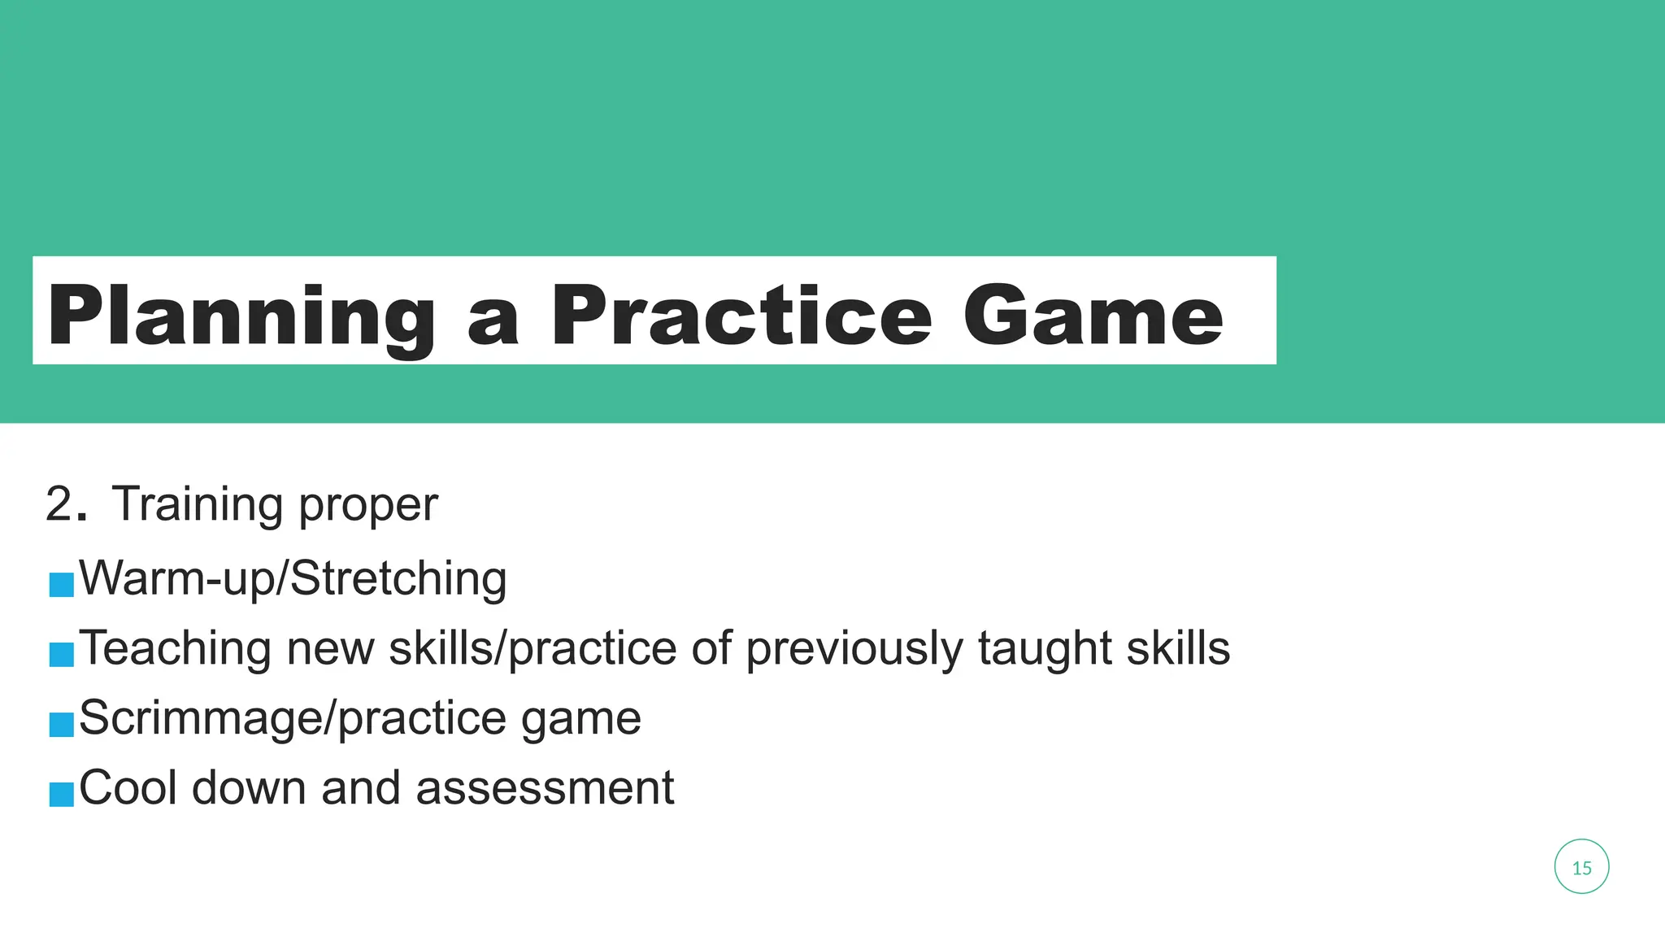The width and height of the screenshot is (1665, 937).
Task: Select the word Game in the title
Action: point(1093,316)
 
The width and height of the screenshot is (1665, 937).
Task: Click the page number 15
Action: point(1581,868)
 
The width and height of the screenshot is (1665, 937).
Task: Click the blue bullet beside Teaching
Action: point(61,654)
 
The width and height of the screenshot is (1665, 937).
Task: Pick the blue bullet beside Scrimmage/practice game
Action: point(61,724)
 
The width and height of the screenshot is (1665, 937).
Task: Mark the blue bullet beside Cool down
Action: point(61,794)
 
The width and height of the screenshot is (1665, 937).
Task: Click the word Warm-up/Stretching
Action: point(293,579)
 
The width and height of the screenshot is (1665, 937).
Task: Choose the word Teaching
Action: point(175,649)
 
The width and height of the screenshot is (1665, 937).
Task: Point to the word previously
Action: point(854,649)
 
